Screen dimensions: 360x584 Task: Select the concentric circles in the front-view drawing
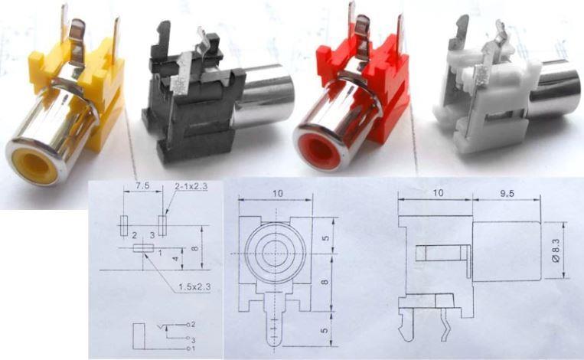(273, 249)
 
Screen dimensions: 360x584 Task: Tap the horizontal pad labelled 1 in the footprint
(142, 247)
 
